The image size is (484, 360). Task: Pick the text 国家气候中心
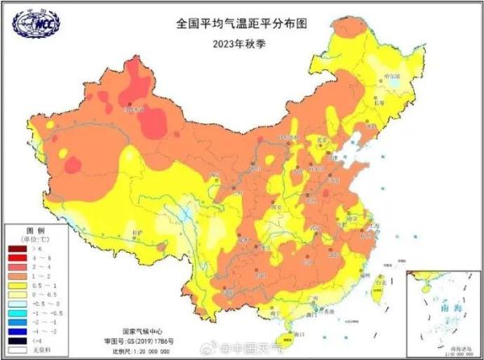(142, 332)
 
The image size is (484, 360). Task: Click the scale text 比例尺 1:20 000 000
(149, 353)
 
